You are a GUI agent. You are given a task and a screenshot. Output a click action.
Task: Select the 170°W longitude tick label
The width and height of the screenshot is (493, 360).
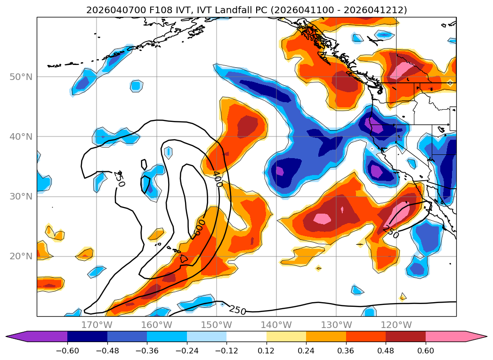click(97, 325)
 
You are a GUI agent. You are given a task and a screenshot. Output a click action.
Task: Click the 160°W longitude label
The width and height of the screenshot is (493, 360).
click(156, 325)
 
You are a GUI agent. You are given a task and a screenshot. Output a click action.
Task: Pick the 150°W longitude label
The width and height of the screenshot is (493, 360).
click(216, 325)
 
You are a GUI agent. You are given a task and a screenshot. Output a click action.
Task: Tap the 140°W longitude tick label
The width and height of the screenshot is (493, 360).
click(276, 325)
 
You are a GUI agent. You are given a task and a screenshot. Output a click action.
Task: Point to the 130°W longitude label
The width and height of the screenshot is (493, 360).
click(336, 325)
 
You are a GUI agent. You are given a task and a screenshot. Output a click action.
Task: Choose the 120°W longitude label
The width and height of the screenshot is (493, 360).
click(396, 325)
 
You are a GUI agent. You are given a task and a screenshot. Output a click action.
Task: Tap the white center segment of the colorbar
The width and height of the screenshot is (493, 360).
click(246, 336)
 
